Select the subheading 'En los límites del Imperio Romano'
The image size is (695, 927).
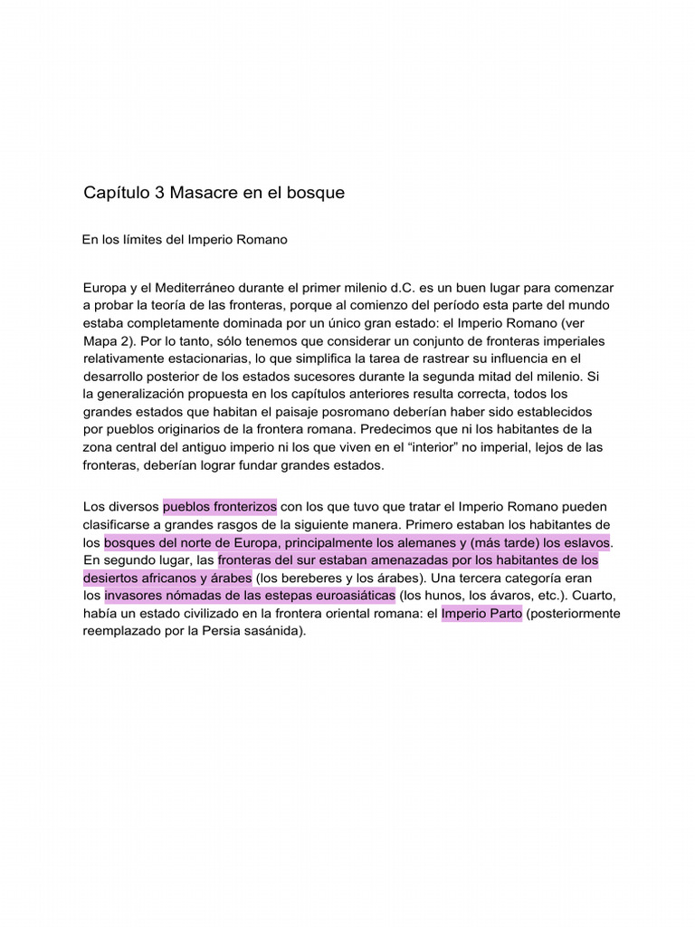185,240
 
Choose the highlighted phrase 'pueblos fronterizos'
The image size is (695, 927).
219,506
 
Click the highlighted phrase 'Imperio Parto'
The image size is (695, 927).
481,613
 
